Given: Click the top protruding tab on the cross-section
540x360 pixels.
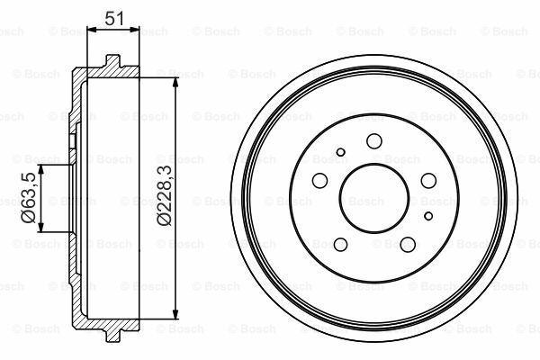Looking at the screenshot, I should tap(113, 61).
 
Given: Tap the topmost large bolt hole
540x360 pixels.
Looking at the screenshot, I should tap(373, 139).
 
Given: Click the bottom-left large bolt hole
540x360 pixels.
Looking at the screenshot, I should tap(338, 245).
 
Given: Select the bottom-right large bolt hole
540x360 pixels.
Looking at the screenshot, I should tap(407, 244).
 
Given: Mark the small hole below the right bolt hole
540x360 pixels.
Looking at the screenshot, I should tap(427, 215).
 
